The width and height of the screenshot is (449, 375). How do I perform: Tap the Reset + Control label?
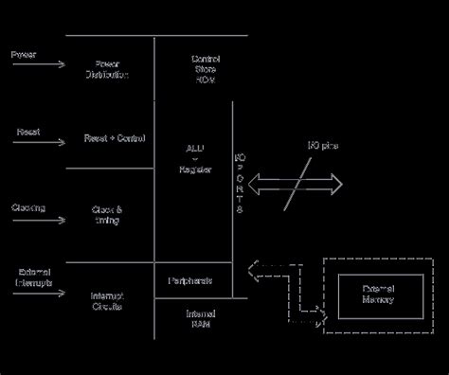pos(114,138)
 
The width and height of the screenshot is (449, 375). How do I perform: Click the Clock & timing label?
pos(106,214)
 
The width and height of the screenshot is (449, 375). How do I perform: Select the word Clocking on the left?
pos(28,207)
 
